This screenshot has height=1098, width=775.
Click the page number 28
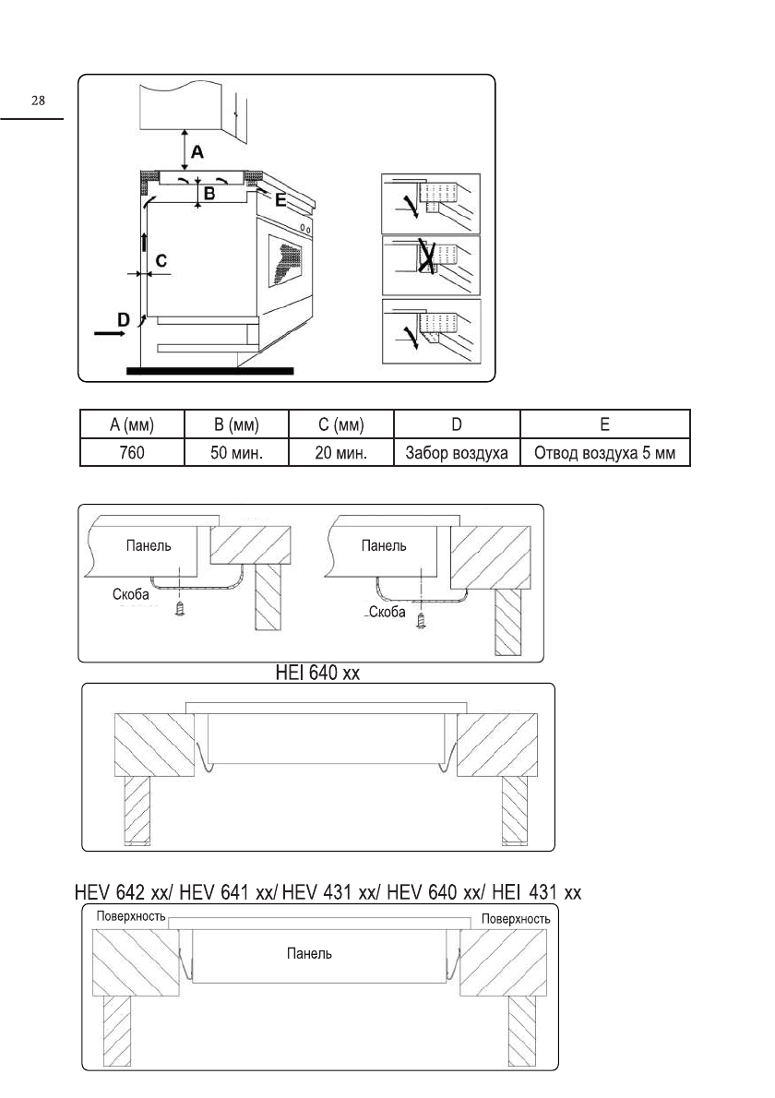(x=38, y=101)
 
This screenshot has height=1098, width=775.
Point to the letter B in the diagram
(x=209, y=194)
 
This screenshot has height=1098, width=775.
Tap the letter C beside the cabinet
(x=161, y=262)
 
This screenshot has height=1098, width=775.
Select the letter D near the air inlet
(x=123, y=317)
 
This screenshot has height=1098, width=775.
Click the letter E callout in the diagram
(x=280, y=198)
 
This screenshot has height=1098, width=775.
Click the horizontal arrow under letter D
(x=110, y=335)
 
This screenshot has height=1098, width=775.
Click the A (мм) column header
(x=131, y=425)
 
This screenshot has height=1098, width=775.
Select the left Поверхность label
(x=131, y=919)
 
